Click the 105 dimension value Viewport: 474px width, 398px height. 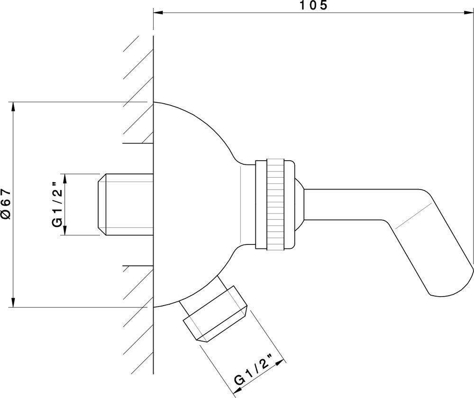pos(313,5)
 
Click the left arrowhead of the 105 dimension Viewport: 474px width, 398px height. pos(158,12)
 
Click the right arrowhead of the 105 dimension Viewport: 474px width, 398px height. pos(469,12)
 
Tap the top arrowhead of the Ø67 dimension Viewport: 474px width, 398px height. pos(13,107)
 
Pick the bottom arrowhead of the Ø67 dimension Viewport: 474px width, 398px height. pos(13,302)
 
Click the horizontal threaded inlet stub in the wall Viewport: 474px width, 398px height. pos(126,204)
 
